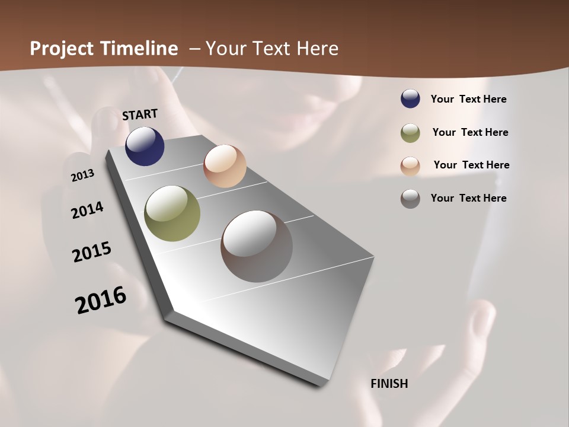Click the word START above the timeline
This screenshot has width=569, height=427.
coord(140,114)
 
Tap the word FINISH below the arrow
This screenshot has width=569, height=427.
coord(389,384)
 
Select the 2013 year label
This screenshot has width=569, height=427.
coord(83,175)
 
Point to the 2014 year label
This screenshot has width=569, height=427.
coord(88,210)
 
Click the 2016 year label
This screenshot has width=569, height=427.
coord(101,299)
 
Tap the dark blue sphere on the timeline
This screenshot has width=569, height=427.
coord(145,146)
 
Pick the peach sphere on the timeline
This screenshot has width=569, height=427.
coord(225,166)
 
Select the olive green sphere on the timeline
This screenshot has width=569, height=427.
coord(172,213)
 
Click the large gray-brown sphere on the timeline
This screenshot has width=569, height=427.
coord(257,246)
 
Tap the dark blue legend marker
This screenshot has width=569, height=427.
coord(410,99)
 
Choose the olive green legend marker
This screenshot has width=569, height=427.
coord(410,133)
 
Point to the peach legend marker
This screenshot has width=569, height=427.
coord(410,166)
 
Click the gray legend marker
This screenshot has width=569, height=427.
coord(410,199)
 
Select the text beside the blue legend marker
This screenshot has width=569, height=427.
coord(468,99)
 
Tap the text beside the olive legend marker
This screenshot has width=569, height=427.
coord(470,132)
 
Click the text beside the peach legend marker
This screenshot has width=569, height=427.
coord(471,165)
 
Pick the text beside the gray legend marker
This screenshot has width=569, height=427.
coord(468,198)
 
